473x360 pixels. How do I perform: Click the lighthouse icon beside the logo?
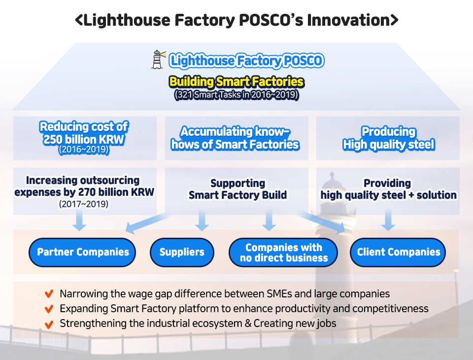[x=158, y=60]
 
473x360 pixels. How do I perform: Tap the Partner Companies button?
[x=83, y=252]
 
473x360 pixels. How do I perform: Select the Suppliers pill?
[x=182, y=252]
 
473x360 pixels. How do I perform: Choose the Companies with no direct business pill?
[x=283, y=252]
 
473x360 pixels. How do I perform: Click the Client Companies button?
[x=399, y=252]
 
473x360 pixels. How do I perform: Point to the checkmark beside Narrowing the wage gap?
[x=49, y=294]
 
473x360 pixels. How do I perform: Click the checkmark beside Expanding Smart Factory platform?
[x=49, y=309]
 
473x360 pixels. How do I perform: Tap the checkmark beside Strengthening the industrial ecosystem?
[x=49, y=324]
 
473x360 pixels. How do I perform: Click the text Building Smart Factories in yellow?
[x=236, y=81]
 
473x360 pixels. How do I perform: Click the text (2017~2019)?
[x=84, y=204]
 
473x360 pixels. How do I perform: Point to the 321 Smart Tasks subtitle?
[x=236, y=95]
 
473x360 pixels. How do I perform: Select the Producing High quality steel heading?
[x=388, y=138]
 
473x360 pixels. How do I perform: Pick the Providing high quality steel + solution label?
[x=388, y=189]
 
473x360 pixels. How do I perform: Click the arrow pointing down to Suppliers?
[x=201, y=220]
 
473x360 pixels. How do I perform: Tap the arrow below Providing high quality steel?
[x=388, y=220]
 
